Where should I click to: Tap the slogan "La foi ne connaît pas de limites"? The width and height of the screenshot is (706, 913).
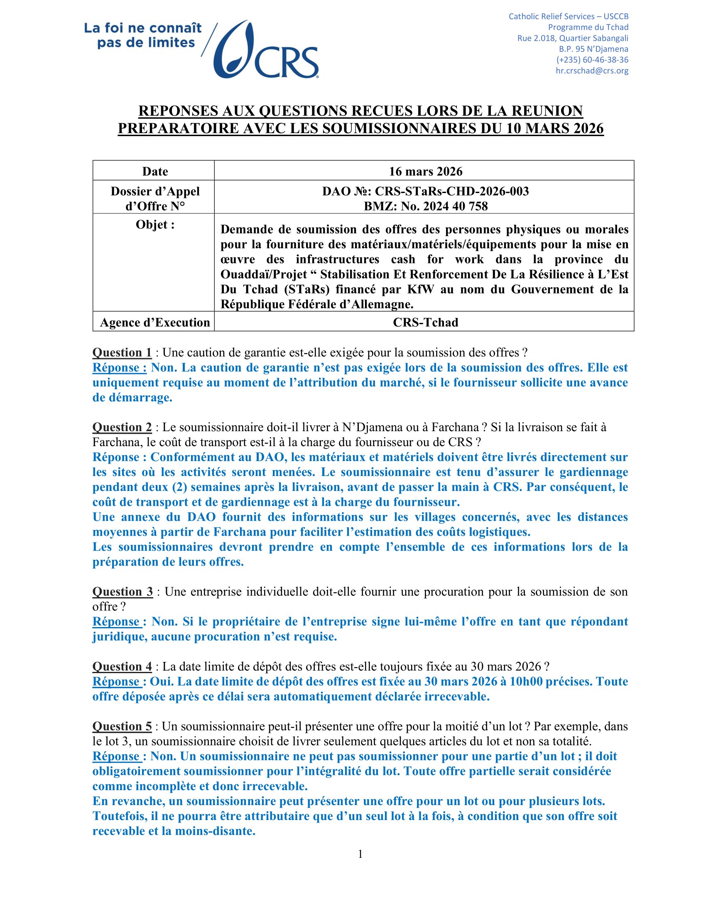tap(143, 36)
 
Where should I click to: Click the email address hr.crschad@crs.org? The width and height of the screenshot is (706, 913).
tap(591, 71)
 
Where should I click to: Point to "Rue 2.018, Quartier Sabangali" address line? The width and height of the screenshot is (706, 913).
tap(573, 38)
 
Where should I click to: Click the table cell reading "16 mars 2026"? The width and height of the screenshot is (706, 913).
tap(425, 171)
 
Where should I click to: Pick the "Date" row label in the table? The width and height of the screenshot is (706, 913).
tap(155, 171)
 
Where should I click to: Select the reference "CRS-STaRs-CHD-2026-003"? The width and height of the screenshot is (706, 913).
tap(452, 191)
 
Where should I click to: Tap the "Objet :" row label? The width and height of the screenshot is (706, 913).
tap(155, 225)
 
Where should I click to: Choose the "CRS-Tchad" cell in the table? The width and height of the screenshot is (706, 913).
tap(425, 322)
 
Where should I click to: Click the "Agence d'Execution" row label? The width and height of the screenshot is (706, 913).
tap(155, 322)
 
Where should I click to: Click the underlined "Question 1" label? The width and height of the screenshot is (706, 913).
tap(122, 353)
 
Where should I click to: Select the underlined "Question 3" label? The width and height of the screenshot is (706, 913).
tap(123, 591)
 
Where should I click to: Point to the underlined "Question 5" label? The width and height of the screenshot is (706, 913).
tap(122, 726)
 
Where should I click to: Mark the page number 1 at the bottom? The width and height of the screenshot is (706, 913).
tap(360, 854)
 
